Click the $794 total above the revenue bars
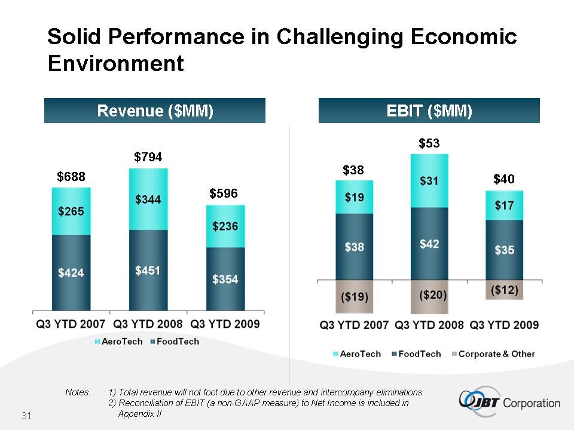click(x=148, y=157)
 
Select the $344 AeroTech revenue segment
click(x=148, y=199)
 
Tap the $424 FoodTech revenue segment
click(x=71, y=273)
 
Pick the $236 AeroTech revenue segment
click(x=225, y=226)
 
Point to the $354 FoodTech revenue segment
click(x=225, y=279)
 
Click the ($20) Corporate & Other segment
click(x=429, y=297)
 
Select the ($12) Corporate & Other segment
click(x=505, y=290)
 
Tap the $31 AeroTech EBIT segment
click(x=429, y=180)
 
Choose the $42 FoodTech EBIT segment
click(x=429, y=244)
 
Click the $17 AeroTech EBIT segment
click(x=505, y=205)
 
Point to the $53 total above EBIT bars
click(x=429, y=143)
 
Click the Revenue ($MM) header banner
click(x=155, y=110)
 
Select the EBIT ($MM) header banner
click(x=429, y=110)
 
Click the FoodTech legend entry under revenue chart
click(x=175, y=342)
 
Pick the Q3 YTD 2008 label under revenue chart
click(x=148, y=324)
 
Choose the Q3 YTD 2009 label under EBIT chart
click(x=504, y=325)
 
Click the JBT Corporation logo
click(x=509, y=402)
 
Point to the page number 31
click(x=26, y=416)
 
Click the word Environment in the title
click(x=115, y=63)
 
